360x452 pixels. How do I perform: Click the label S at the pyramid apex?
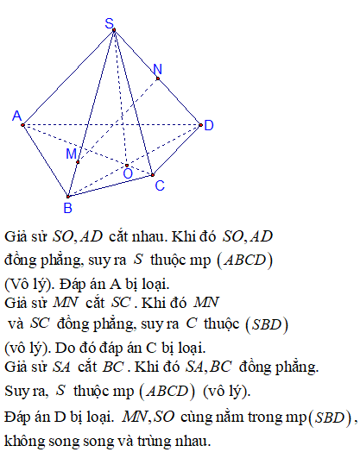pyautogui.click(x=110, y=23)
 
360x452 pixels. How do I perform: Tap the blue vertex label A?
pyautogui.click(x=16, y=116)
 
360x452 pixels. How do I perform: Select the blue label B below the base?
pyautogui.click(x=67, y=208)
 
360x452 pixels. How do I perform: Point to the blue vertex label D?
pyautogui.click(x=209, y=126)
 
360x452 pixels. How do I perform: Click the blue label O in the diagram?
pyautogui.click(x=128, y=174)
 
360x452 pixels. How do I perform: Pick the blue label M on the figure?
pyautogui.click(x=72, y=154)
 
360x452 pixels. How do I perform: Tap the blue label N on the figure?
pyautogui.click(x=157, y=70)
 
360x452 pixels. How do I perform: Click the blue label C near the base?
pyautogui.click(x=160, y=185)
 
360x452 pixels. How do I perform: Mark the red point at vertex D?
pyautogui.click(x=201, y=125)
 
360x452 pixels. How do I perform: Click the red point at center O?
pyautogui.click(x=127, y=166)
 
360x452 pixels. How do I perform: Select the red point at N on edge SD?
pyautogui.click(x=158, y=78)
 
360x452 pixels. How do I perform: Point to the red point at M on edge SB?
pyautogui.click(x=78, y=162)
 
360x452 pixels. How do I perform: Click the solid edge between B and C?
pyautogui.click(x=111, y=185)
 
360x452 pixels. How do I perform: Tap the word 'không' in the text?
pyautogui.click(x=24, y=441)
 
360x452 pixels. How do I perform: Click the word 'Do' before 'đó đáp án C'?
pyautogui.click(x=62, y=348)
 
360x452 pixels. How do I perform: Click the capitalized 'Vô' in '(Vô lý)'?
pyautogui.click(x=18, y=285)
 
